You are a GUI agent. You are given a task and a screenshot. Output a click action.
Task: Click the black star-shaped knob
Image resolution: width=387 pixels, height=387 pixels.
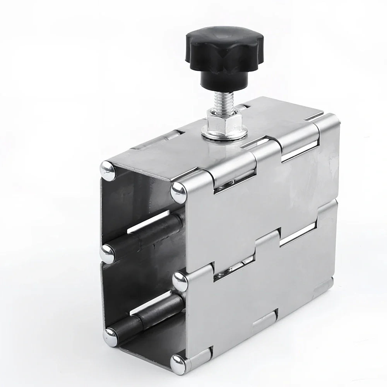pyautogui.click(x=224, y=50)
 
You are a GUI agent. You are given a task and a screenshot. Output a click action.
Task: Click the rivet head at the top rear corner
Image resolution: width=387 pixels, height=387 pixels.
pyautogui.click(x=108, y=171)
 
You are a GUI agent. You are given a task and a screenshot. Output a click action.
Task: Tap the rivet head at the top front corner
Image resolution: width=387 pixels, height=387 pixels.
pyautogui.click(x=179, y=192)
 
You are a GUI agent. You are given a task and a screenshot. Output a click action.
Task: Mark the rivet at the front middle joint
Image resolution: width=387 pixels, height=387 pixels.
pyautogui.click(x=180, y=282)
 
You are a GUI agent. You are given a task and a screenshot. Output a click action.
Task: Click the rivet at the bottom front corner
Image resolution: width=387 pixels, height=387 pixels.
pyautogui.click(x=179, y=364)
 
